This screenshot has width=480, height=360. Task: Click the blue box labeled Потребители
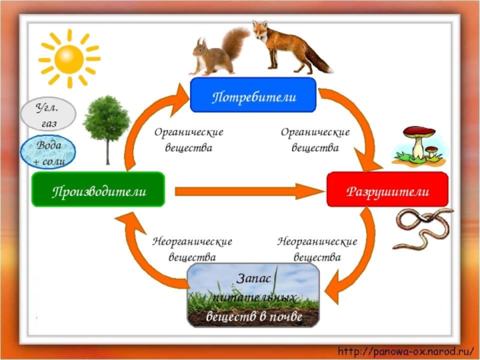pos(253,95)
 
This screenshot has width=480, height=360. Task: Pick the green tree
pos(106,123)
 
